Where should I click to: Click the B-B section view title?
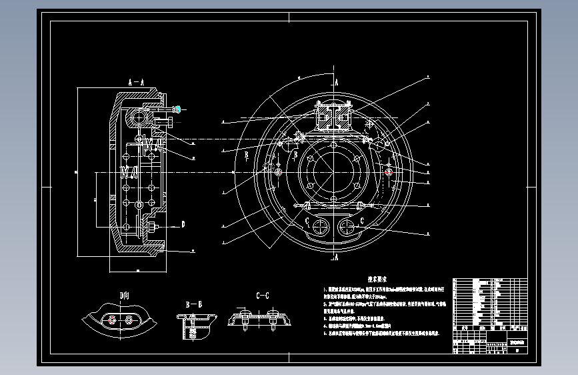(x=193, y=304)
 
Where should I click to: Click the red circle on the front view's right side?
(x=389, y=171)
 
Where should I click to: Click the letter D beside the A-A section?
(x=183, y=224)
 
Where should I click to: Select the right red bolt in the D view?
(x=129, y=321)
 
